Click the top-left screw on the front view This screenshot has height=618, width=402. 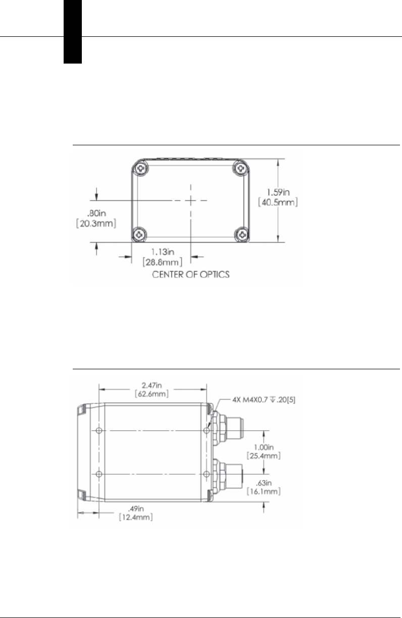click(x=141, y=168)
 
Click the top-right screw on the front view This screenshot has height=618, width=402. click(x=241, y=167)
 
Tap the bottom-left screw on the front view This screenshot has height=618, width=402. click(x=139, y=235)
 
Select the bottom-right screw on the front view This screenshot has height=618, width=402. click(x=242, y=235)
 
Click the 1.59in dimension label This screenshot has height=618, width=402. click(x=278, y=192)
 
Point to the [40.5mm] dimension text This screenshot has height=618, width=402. click(x=278, y=202)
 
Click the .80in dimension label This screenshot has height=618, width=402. click(x=96, y=213)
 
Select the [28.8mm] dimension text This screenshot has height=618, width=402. click(x=163, y=262)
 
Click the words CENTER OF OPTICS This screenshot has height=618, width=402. click(x=191, y=274)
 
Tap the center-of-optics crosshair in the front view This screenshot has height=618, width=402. click(x=191, y=201)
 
